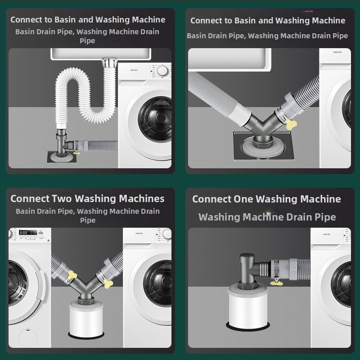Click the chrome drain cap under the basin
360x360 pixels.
coord(110,62)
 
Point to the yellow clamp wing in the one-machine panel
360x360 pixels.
coord(276,283)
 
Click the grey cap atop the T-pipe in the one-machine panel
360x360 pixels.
coord(247,257)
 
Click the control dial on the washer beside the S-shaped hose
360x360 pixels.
coord(162,71)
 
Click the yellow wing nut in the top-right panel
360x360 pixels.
coord(291,124)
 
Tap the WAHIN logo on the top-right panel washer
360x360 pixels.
coord(337,52)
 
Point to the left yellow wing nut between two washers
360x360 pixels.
coord(72,275)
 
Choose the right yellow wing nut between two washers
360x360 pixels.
coord(108,283)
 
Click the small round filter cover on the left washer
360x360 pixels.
coord(28,338)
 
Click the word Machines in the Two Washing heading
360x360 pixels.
coord(142,198)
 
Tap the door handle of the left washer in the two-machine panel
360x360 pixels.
coord(40,285)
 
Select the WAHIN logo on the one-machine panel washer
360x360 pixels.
coord(327,234)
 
